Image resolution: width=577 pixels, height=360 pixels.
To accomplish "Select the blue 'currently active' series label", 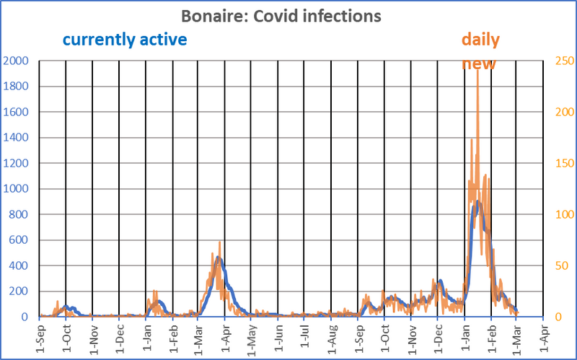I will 125,38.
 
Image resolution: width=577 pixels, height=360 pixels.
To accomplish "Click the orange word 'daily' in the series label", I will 480,38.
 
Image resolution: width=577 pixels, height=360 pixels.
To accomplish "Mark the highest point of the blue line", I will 477,201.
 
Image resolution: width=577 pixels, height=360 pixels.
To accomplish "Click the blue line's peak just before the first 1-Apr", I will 217,258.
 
